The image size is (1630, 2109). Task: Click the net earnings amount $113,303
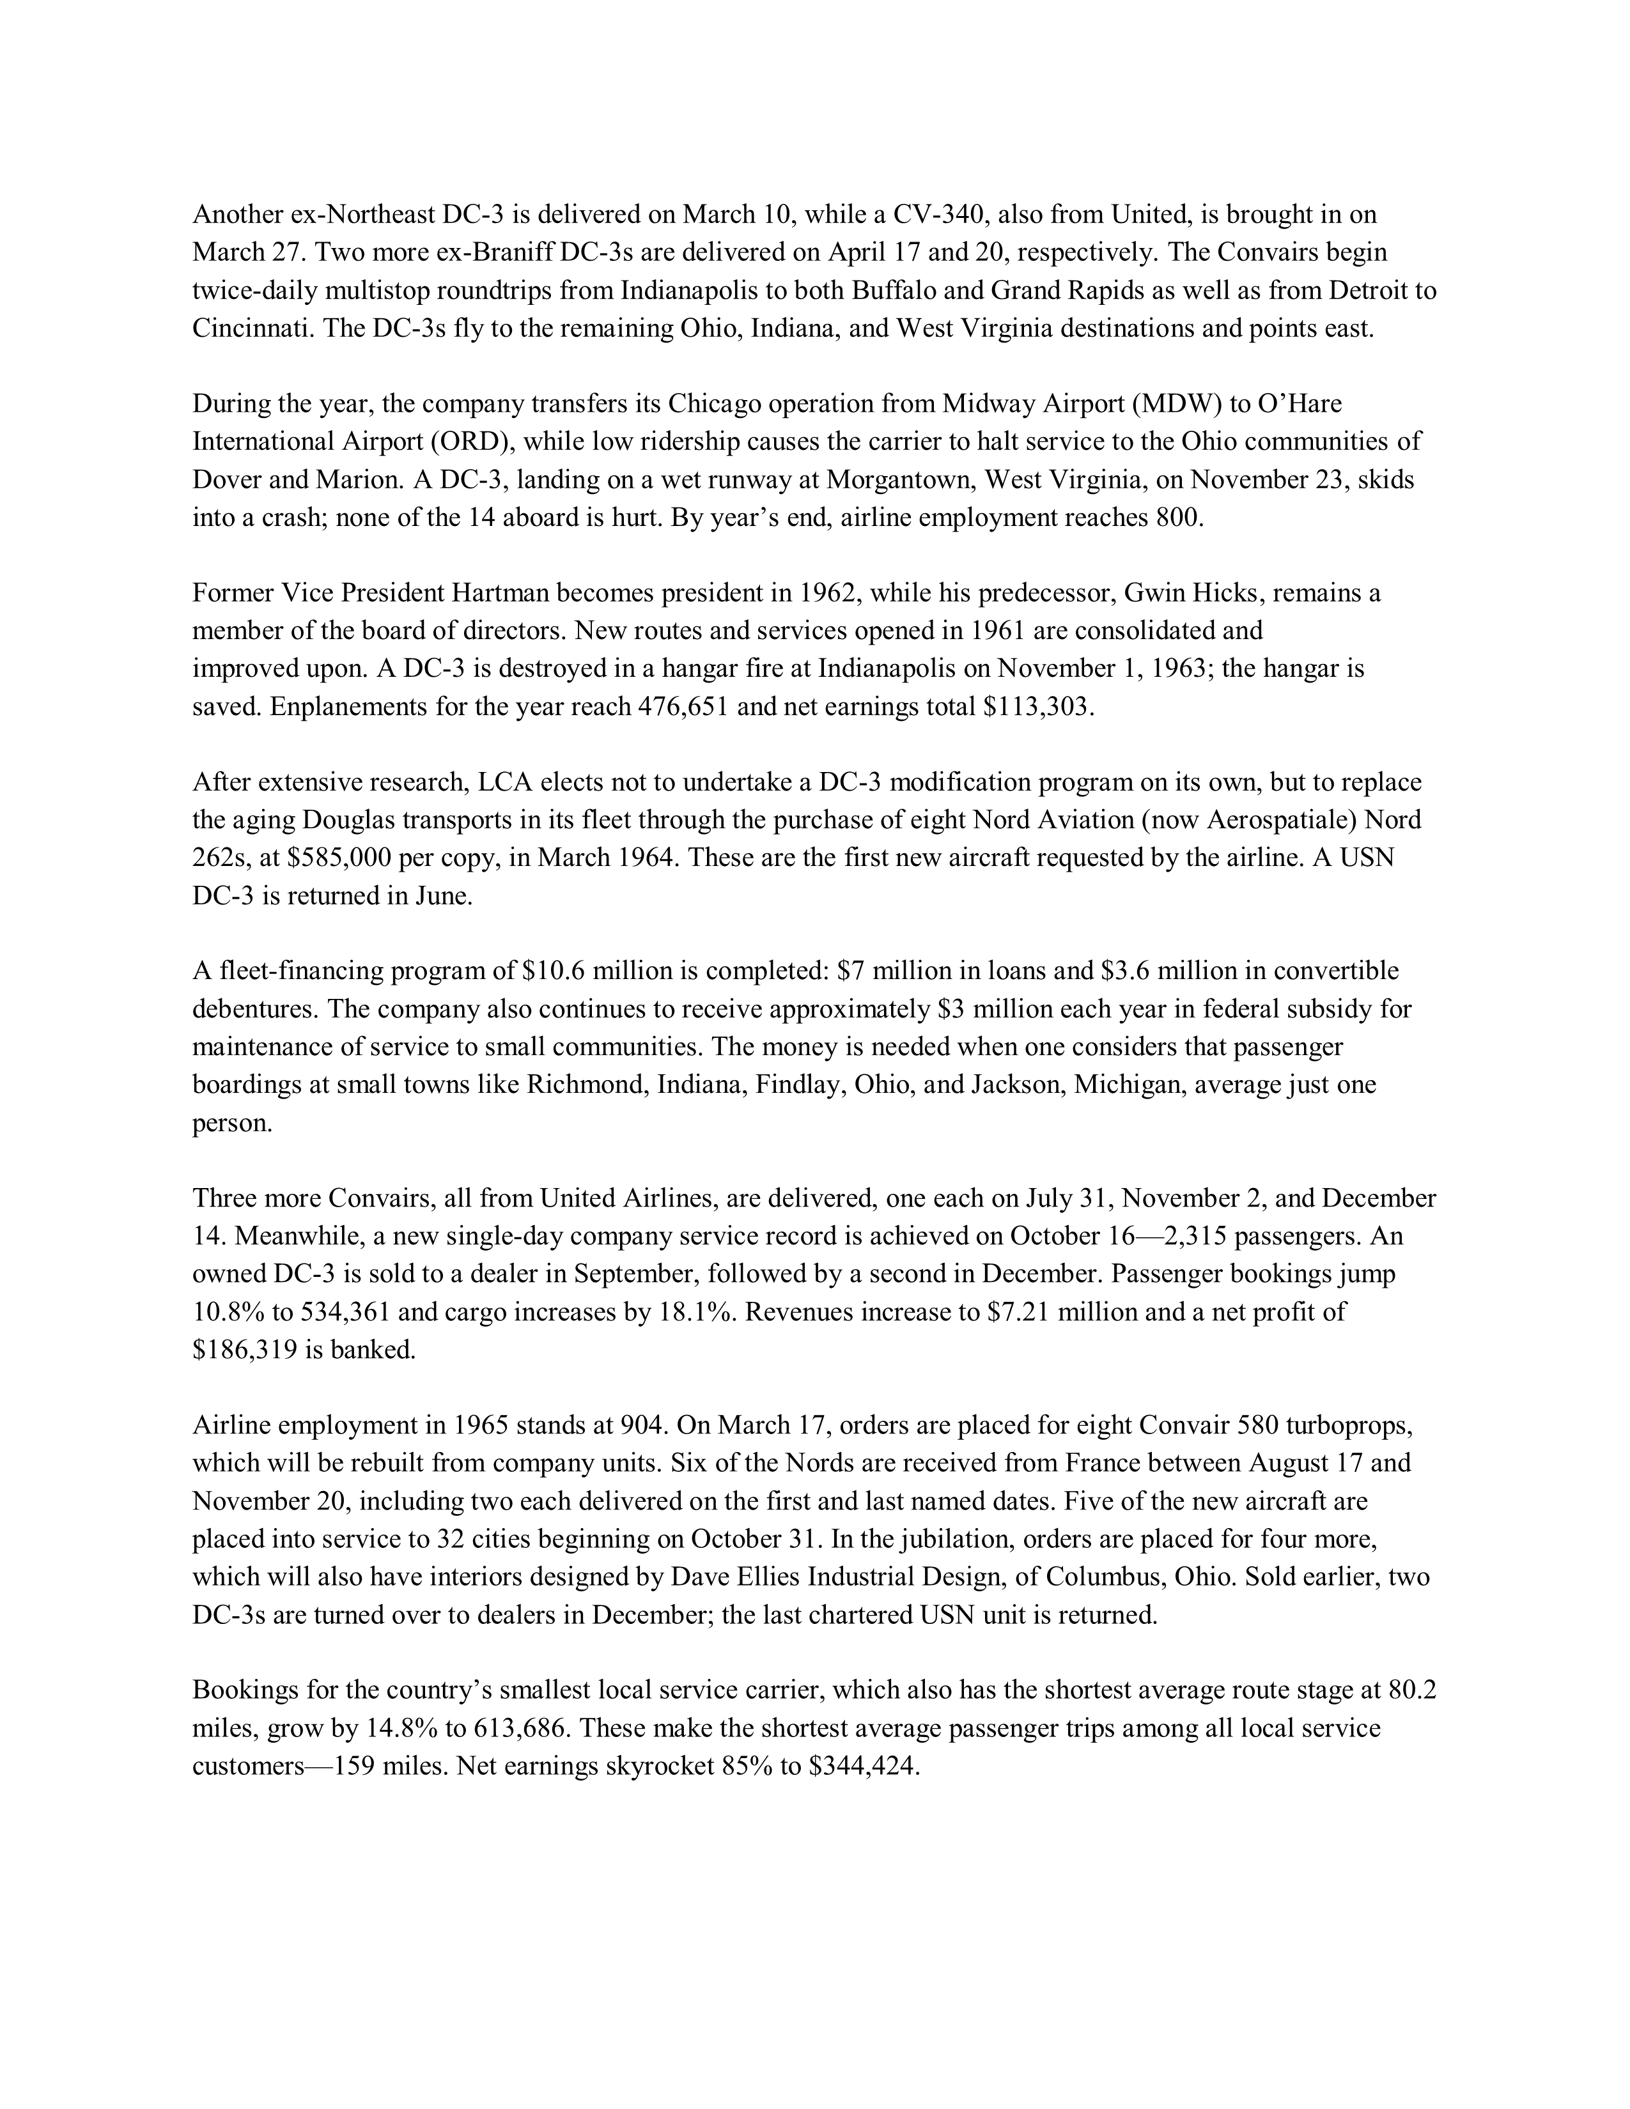(1038, 707)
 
